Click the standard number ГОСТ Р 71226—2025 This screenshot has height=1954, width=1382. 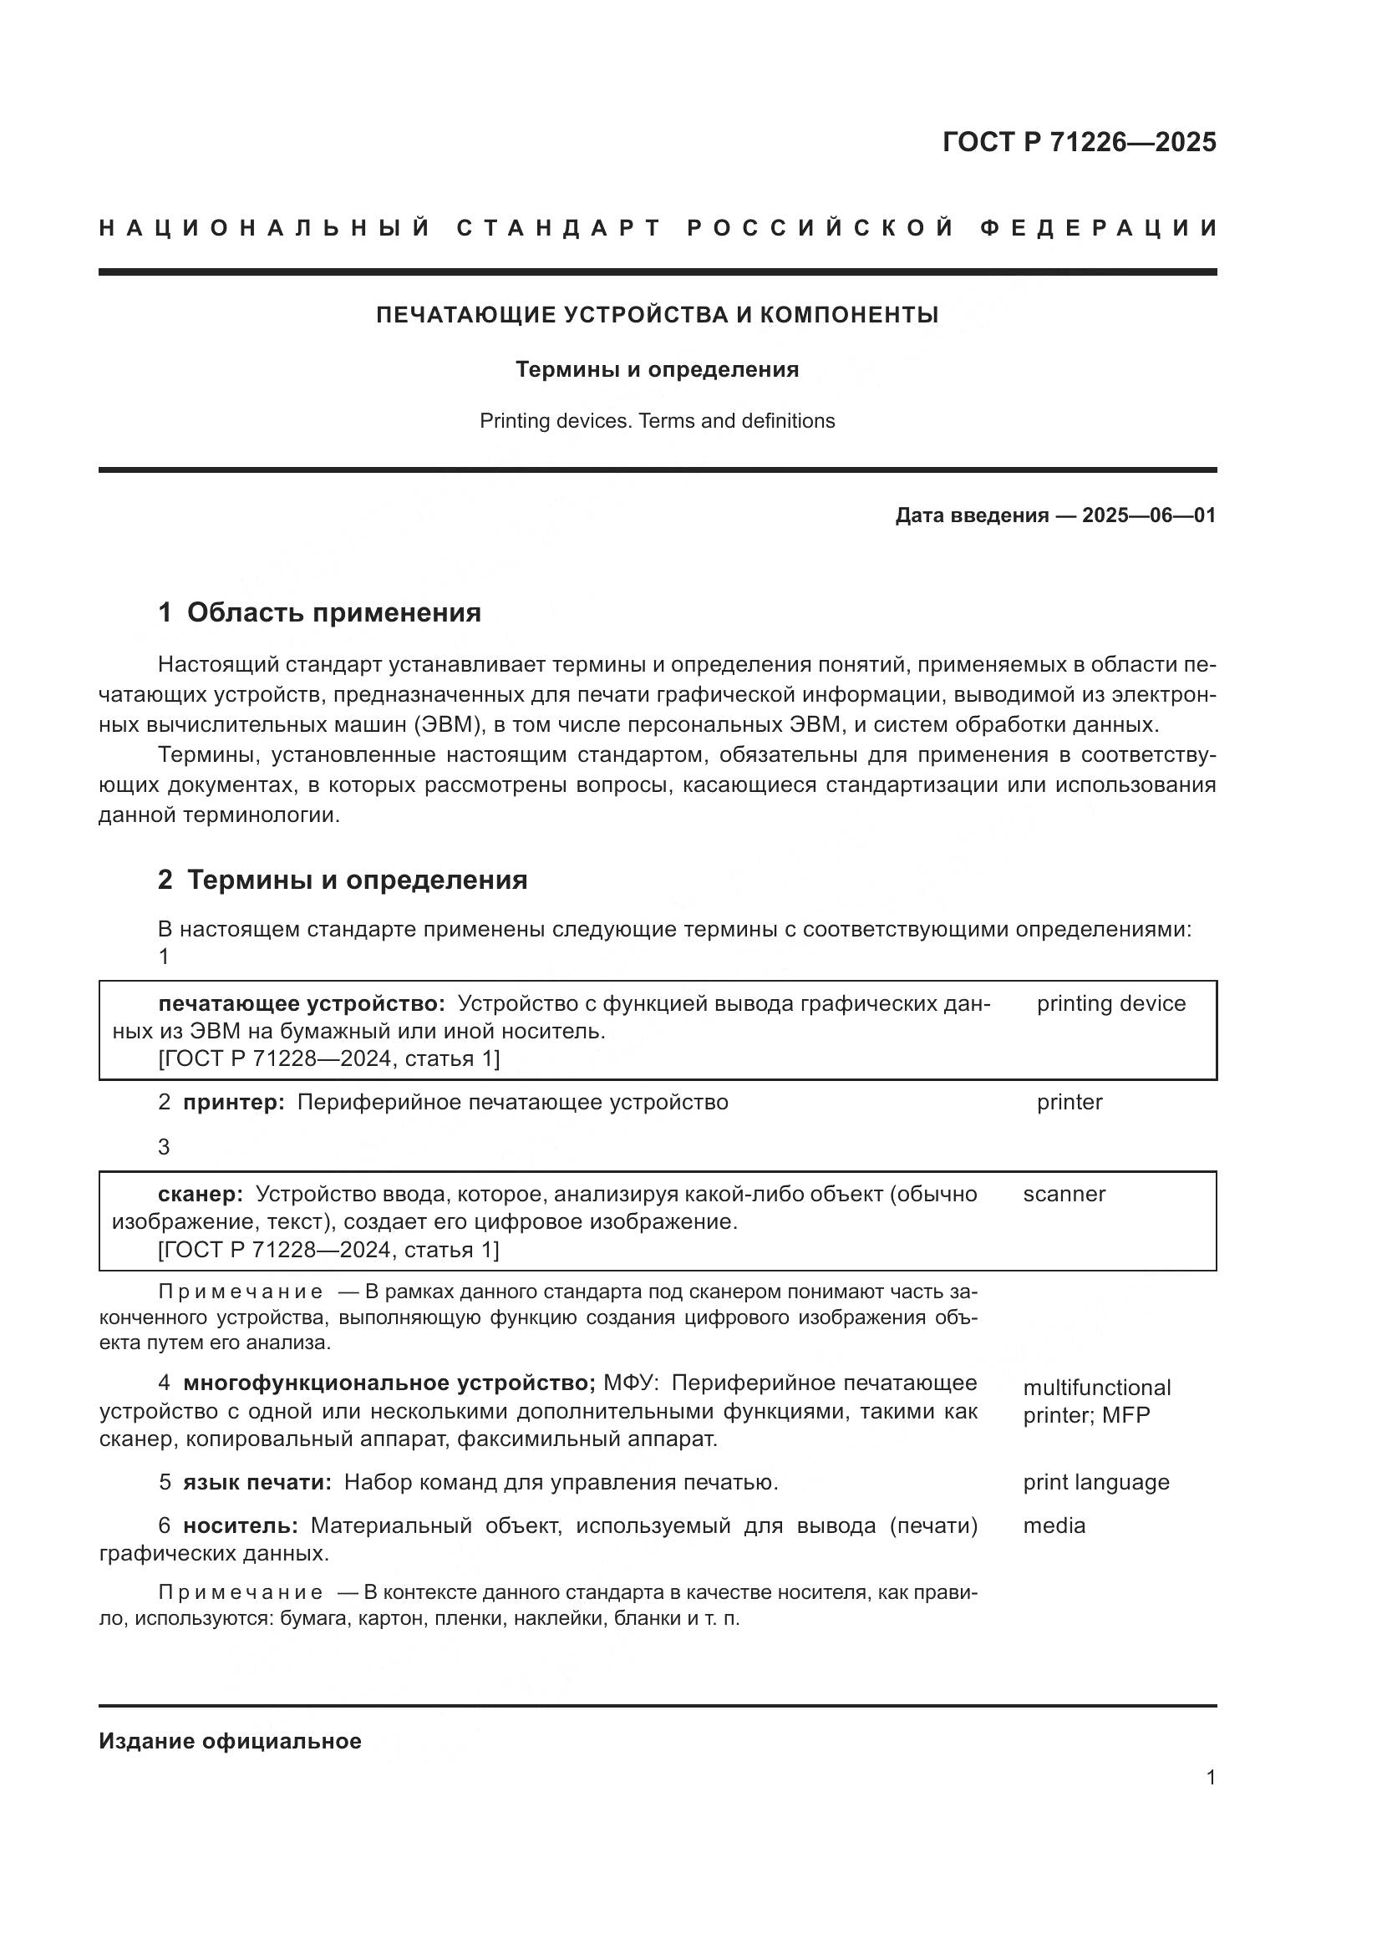(x=1079, y=142)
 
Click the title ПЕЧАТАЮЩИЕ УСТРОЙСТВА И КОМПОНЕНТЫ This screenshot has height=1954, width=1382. (x=657, y=315)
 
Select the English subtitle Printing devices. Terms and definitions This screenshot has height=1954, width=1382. (x=657, y=420)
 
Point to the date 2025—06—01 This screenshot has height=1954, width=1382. (x=1149, y=515)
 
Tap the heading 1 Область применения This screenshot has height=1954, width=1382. (x=319, y=612)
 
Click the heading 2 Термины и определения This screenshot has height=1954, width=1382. (x=342, y=879)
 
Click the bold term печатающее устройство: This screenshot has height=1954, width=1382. (x=302, y=1003)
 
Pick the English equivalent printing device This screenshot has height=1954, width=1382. (x=1110, y=1003)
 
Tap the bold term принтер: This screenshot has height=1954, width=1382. (x=234, y=1102)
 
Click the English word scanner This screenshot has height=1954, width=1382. (x=1064, y=1194)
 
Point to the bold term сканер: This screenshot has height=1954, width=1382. (x=201, y=1194)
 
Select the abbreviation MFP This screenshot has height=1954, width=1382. (x=1125, y=1415)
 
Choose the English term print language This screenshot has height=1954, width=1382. (x=1096, y=1482)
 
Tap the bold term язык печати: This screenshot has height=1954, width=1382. (x=257, y=1483)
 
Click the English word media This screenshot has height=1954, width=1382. (x=1054, y=1525)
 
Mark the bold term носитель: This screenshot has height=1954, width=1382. (x=240, y=1526)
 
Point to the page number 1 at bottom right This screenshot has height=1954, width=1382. (x=1210, y=1777)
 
